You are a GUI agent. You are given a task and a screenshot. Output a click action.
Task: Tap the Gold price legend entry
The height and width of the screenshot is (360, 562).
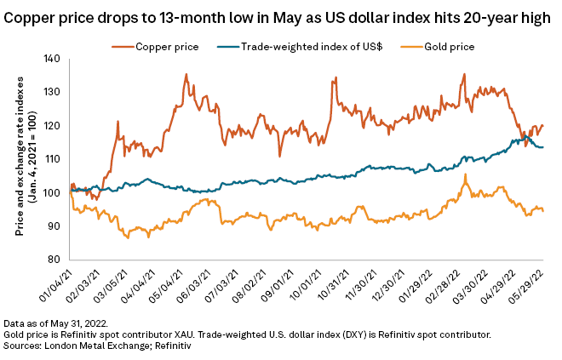pyautogui.click(x=444, y=46)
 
